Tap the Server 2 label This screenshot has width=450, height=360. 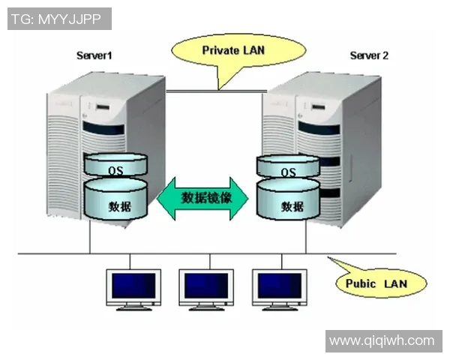tap(370, 55)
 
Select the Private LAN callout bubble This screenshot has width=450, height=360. tap(233, 50)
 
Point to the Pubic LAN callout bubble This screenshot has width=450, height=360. tap(376, 283)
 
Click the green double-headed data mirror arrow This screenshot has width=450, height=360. tap(203, 198)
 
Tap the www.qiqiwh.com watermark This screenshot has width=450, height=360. tap(382, 340)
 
